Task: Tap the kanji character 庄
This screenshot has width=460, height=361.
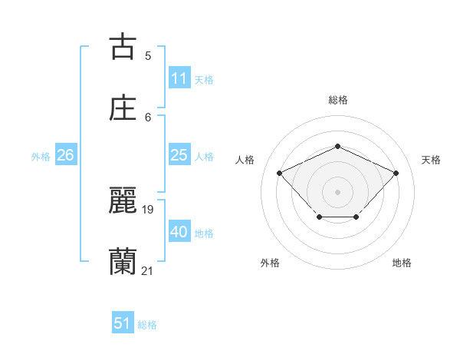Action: pos(123,108)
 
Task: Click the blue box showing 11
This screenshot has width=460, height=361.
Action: pos(179,78)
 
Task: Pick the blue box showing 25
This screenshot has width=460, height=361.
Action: pos(179,155)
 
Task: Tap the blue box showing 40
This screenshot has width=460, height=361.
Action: pos(179,232)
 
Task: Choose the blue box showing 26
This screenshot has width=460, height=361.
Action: pos(65,155)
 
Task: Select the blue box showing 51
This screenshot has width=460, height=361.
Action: pos(123,323)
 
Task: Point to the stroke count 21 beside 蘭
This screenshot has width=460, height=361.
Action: pos(147,270)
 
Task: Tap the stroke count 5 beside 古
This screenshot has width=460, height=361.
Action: pos(148,55)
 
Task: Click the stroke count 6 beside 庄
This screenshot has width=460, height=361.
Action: pos(148,117)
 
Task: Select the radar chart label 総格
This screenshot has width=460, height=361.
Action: pos(337,100)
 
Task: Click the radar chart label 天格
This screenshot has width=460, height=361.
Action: pos(432,160)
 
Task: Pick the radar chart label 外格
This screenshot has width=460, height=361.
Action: pos(270,263)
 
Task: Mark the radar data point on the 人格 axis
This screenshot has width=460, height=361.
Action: pos(280,173)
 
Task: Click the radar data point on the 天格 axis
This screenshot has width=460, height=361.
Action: pos(396,173)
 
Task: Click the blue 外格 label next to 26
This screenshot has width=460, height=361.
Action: pos(41,156)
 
